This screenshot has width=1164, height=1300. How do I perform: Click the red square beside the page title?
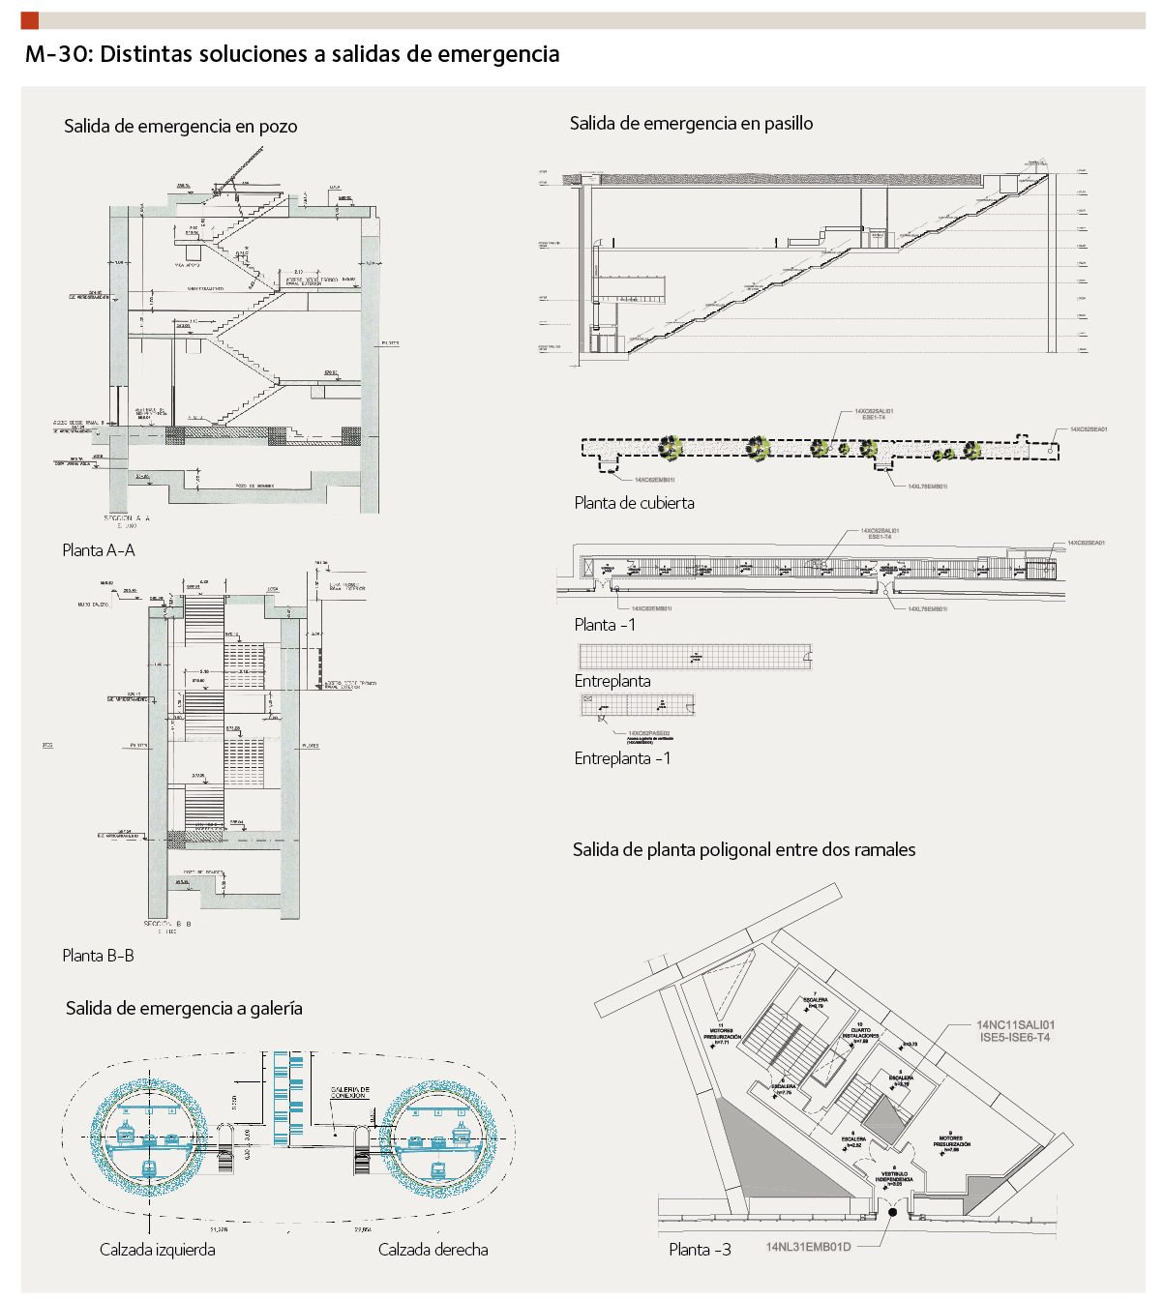tap(29, 20)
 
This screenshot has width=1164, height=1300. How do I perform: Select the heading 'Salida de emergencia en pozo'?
tap(180, 127)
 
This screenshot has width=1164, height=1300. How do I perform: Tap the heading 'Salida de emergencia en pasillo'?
tap(691, 124)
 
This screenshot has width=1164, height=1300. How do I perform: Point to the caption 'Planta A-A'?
tap(99, 550)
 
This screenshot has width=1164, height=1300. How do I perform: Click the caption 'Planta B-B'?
tap(98, 956)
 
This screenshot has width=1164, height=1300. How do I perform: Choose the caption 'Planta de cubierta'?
tap(634, 503)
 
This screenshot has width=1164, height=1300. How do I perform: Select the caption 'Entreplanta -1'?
tap(622, 758)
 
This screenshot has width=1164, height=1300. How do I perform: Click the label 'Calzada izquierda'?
tap(158, 1250)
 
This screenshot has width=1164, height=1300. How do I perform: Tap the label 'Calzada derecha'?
tap(433, 1250)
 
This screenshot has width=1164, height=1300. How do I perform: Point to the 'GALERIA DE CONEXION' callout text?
tap(349, 1092)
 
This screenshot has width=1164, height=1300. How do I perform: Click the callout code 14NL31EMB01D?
tap(808, 1247)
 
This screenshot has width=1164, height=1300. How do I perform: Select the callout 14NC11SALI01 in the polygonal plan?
tap(1015, 1025)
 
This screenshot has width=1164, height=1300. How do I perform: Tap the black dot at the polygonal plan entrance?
tap(892, 1212)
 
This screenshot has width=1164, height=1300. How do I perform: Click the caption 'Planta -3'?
tap(700, 1250)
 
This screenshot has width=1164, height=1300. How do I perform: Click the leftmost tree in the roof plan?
tap(671, 447)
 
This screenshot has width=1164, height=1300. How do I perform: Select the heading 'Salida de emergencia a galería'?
tap(184, 1009)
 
